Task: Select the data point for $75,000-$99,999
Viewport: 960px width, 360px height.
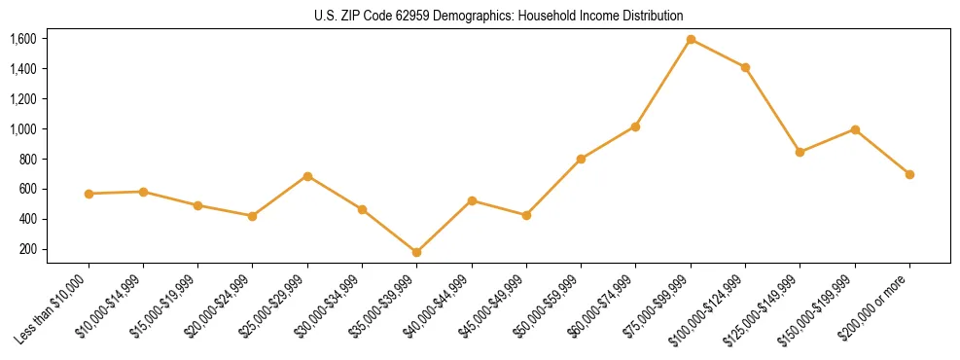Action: point(691,39)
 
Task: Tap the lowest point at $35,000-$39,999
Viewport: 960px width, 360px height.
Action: point(416,252)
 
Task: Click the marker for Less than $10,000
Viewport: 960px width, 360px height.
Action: point(89,194)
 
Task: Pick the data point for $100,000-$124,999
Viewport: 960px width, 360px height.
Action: point(745,67)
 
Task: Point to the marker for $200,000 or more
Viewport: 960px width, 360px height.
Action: point(909,174)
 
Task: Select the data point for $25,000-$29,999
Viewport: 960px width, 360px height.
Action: point(307,176)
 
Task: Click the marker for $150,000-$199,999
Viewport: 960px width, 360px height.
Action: point(855,129)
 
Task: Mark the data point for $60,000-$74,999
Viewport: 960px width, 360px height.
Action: point(635,126)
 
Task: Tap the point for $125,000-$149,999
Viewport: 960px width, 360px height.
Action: point(800,152)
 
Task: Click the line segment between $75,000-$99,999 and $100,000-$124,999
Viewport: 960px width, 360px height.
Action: point(718,54)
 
